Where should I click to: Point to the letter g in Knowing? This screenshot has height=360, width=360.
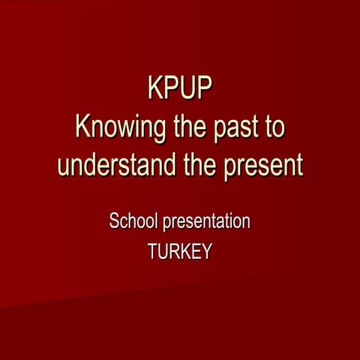tap(160, 129)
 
